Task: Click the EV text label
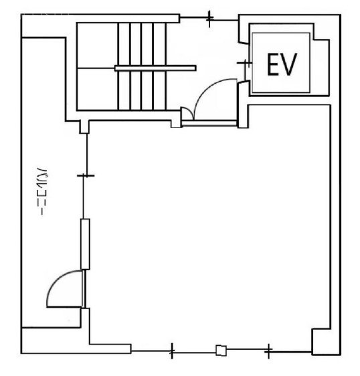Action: [282, 64]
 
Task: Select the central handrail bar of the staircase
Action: [155, 68]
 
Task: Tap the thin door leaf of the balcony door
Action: [84, 289]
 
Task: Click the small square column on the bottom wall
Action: [221, 351]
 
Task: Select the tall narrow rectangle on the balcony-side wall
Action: [85, 244]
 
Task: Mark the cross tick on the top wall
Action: [209, 18]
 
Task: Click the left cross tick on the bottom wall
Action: [172, 351]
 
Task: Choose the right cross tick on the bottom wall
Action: [268, 351]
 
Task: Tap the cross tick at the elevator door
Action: [245, 63]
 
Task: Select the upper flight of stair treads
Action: [142, 44]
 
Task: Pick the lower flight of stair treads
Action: [142, 90]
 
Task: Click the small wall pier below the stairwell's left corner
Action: [84, 126]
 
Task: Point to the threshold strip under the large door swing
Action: [209, 123]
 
